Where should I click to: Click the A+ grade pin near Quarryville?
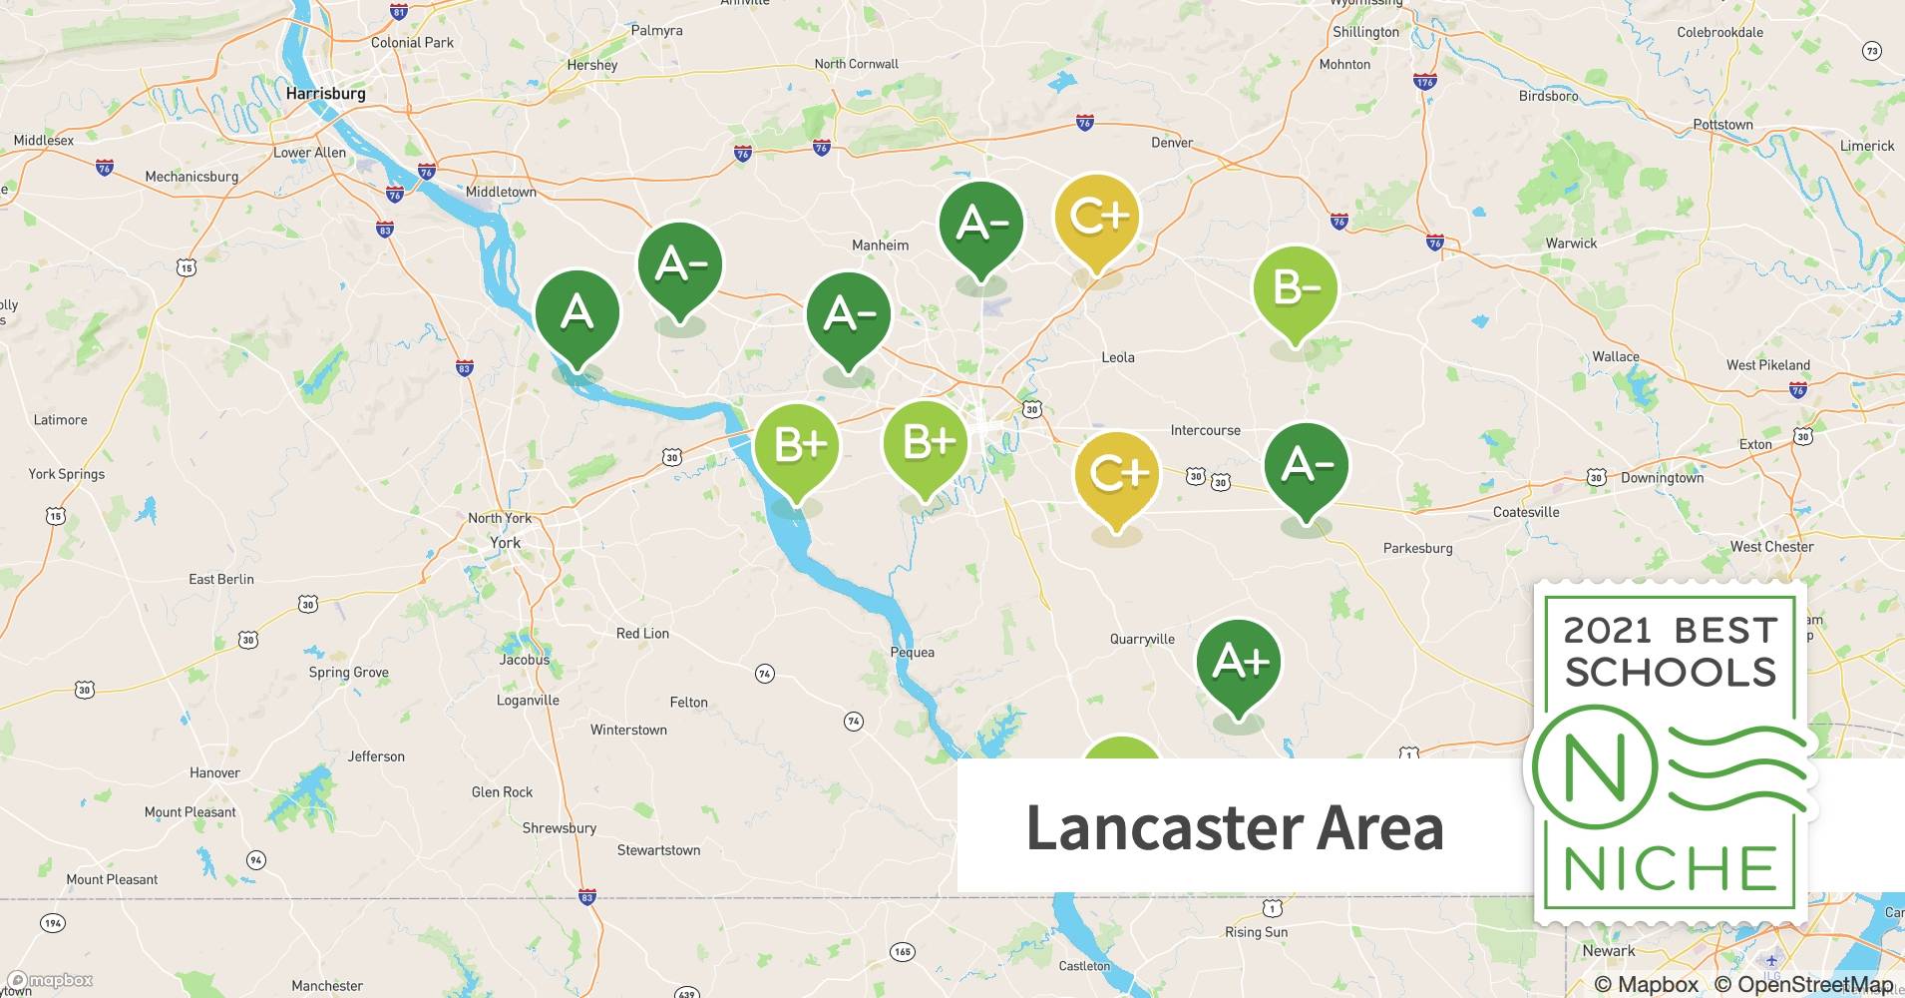pyautogui.click(x=1239, y=662)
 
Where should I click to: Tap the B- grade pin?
pyautogui.click(x=1295, y=288)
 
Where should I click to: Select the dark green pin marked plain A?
pyautogui.click(x=577, y=313)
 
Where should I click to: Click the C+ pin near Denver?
pyautogui.click(x=1097, y=217)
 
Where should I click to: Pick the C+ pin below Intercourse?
pyautogui.click(x=1117, y=473)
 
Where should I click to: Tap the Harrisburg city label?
pyautogui.click(x=325, y=94)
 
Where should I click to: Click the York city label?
pyautogui.click(x=505, y=543)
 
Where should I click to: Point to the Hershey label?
pyautogui.click(x=591, y=65)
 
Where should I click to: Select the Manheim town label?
pyautogui.click(x=880, y=246)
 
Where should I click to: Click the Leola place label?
pyautogui.click(x=1117, y=357)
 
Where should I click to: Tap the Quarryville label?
pyautogui.click(x=1142, y=640)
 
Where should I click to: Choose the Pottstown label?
pyautogui.click(x=1722, y=125)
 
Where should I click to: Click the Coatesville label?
pyautogui.click(x=1525, y=512)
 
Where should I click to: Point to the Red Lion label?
pyautogui.click(x=642, y=634)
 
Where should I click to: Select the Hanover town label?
pyautogui.click(x=214, y=772)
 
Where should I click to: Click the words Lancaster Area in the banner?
pyautogui.click(x=1235, y=827)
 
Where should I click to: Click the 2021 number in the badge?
pyautogui.click(x=1607, y=631)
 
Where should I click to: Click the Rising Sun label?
pyautogui.click(x=1256, y=932)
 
